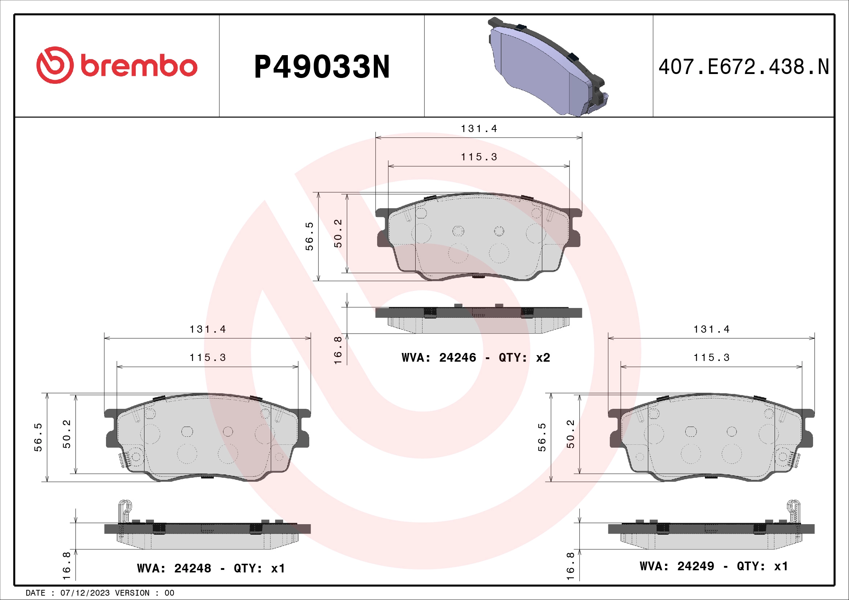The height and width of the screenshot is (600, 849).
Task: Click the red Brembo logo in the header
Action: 117,65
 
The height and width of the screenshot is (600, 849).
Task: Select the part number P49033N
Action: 322,67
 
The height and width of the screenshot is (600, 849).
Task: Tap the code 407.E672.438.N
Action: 744,67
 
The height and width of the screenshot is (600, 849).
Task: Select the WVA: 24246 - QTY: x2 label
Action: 476,357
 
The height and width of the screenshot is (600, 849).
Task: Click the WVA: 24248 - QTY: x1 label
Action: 211,568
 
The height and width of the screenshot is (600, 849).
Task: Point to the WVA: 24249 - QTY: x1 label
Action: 714,566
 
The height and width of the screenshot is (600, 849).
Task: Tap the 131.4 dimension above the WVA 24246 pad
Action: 479,128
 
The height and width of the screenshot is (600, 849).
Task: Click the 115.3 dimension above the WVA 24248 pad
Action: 208,357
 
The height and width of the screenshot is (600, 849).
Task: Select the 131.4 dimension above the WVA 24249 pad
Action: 711,329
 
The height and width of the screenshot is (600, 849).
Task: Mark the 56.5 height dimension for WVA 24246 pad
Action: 309,237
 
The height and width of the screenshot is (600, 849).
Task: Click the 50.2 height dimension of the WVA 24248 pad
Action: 66,434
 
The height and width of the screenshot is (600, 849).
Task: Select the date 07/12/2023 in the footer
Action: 85,593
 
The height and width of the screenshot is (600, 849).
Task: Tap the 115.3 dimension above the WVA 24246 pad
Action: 479,157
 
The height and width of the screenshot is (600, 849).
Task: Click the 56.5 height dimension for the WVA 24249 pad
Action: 542,437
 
